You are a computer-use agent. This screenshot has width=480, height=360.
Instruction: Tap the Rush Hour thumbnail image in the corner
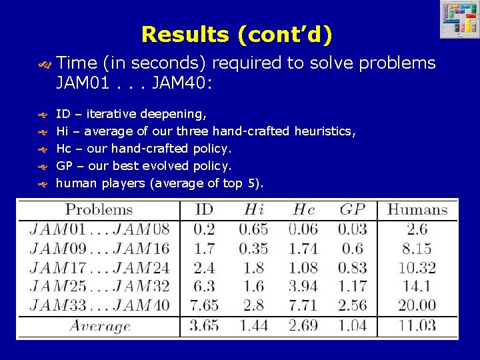pyautogui.click(x=459, y=20)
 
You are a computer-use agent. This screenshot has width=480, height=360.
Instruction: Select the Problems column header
pyautogui.click(x=99, y=209)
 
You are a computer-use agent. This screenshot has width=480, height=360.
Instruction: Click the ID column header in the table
pyautogui.click(x=204, y=209)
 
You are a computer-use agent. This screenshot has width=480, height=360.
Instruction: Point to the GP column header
pyautogui.click(x=352, y=209)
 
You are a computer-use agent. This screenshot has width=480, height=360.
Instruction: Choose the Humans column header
pyautogui.click(x=417, y=209)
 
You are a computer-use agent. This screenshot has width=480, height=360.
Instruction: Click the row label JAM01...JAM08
pyautogui.click(x=99, y=229)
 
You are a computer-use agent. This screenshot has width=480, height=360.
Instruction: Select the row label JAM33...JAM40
pyautogui.click(x=99, y=306)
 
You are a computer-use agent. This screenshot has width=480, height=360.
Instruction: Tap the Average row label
pyautogui.click(x=100, y=326)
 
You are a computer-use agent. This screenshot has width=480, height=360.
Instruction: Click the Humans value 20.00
pyautogui.click(x=417, y=306)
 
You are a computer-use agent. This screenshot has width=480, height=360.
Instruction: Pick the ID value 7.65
pyautogui.click(x=204, y=306)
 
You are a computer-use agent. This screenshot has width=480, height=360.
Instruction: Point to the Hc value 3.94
pyautogui.click(x=304, y=287)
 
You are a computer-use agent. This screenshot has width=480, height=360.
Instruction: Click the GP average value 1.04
pyautogui.click(x=352, y=326)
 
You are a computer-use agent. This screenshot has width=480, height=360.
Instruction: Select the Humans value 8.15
pyautogui.click(x=417, y=249)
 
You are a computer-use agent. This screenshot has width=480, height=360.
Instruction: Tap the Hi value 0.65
pyautogui.click(x=253, y=229)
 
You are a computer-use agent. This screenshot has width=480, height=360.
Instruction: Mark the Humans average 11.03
pyautogui.click(x=417, y=326)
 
